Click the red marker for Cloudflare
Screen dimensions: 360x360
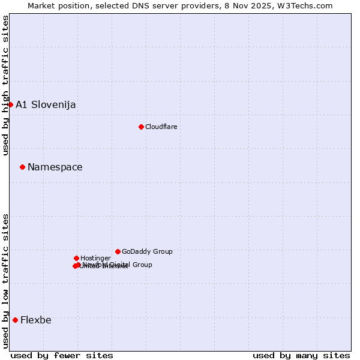coord(141,127)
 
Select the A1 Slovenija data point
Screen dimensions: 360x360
coord(10,104)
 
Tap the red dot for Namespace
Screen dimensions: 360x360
coord(22,167)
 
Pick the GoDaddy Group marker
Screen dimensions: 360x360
coord(118,251)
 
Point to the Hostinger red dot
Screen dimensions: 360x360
coord(76,258)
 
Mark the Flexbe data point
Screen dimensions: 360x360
coord(15,320)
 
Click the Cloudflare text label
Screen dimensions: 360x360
coord(161,127)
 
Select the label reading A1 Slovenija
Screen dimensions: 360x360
coord(46,104)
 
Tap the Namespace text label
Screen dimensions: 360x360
coord(55,167)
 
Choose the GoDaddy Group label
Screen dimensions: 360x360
coord(147,251)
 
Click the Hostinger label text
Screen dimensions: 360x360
coord(95,258)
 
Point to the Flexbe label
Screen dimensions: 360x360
coord(36,320)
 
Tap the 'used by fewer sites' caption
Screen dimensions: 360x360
coord(62,355)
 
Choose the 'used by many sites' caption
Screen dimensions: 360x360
coord(301,355)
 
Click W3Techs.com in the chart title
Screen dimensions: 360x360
coord(307,5)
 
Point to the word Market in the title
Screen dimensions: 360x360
coord(42,5)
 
